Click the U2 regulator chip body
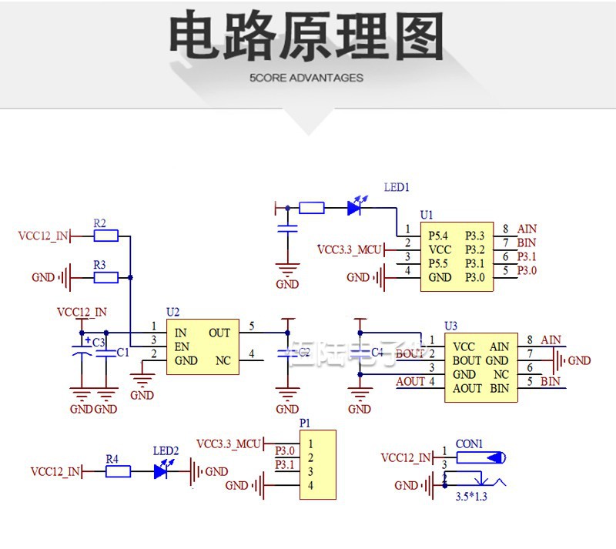[x=203, y=346]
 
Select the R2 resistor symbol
[x=105, y=236]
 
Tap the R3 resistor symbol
[x=105, y=277]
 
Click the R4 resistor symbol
[x=118, y=471]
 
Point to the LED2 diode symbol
[x=162, y=471]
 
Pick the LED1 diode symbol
[x=354, y=207]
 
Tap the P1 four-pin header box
[x=318, y=464]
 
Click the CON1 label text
[x=469, y=444]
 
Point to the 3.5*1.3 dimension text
[x=471, y=497]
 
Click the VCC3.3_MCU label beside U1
[x=350, y=249]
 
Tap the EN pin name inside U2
[x=182, y=347]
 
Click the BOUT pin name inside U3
[x=467, y=360]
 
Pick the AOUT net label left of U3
[x=410, y=381]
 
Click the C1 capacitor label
[x=122, y=352]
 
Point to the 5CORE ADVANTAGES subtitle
[x=306, y=78]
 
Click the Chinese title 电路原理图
[x=306, y=37]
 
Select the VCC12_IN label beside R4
[x=55, y=471]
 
